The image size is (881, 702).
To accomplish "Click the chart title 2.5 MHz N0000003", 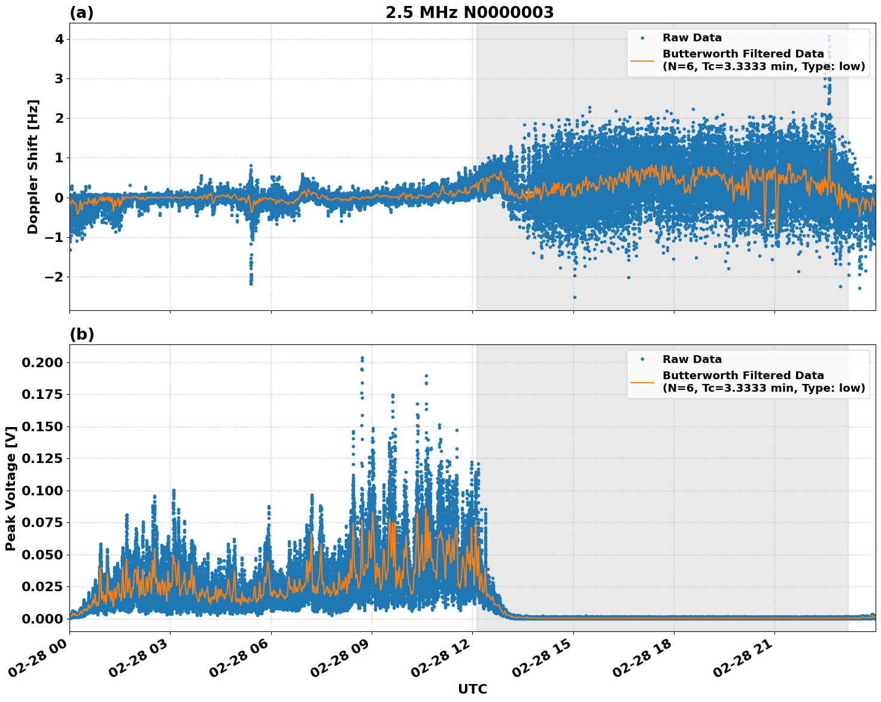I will [469, 13].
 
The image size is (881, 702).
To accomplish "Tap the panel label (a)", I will [81, 13].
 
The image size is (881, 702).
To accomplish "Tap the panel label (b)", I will [81, 334].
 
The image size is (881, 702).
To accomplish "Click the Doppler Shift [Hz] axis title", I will [33, 167].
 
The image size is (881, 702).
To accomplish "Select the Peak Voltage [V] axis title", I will [10, 488].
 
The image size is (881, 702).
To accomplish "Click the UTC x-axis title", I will [472, 689].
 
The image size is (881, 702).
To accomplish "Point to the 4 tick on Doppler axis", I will [59, 39].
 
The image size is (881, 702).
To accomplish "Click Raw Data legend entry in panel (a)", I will [692, 38].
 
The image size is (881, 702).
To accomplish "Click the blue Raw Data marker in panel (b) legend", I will [642, 359].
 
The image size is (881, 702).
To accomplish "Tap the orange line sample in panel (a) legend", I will [642, 60].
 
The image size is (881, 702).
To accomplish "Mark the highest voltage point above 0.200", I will [362, 358].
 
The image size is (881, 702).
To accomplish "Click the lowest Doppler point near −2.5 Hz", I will [575, 297].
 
